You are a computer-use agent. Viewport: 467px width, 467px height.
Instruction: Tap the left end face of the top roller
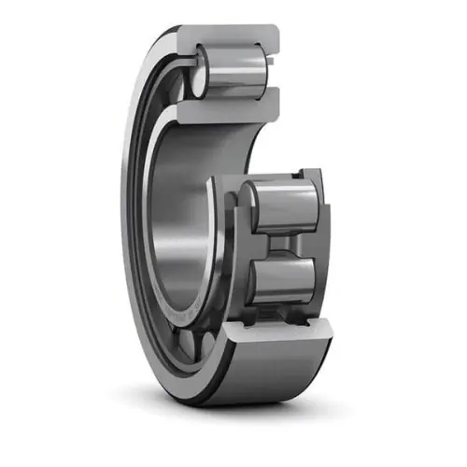200,75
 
